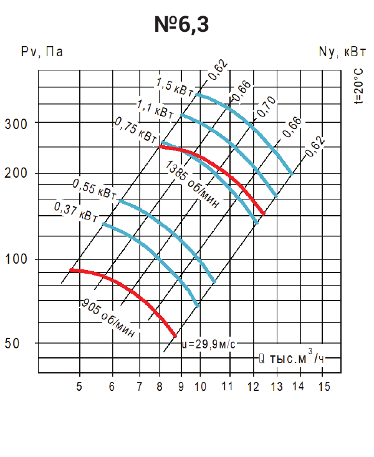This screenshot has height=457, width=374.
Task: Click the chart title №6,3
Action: (181, 24)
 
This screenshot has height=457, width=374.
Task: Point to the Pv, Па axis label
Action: (42, 52)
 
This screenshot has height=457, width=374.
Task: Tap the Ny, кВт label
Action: (342, 52)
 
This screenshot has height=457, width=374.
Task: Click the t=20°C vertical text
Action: (359, 86)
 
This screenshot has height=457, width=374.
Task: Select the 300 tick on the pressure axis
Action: (16, 124)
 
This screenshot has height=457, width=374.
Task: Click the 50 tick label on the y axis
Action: (12, 344)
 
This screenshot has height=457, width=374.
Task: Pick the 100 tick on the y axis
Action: (16, 259)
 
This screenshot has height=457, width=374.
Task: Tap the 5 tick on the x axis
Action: (79, 387)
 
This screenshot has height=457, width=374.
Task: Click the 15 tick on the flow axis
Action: (324, 387)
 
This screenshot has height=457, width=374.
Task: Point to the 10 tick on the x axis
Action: (200, 387)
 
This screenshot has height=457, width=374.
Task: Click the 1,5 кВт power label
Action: (175, 87)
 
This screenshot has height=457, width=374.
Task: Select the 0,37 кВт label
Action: (76, 213)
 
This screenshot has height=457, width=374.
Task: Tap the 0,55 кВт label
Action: (95, 190)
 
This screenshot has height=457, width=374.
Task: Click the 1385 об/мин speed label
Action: (192, 184)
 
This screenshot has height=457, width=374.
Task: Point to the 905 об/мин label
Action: (108, 318)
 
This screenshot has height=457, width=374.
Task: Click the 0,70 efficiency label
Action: (266, 107)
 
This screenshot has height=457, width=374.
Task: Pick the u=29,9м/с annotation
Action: (208, 344)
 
